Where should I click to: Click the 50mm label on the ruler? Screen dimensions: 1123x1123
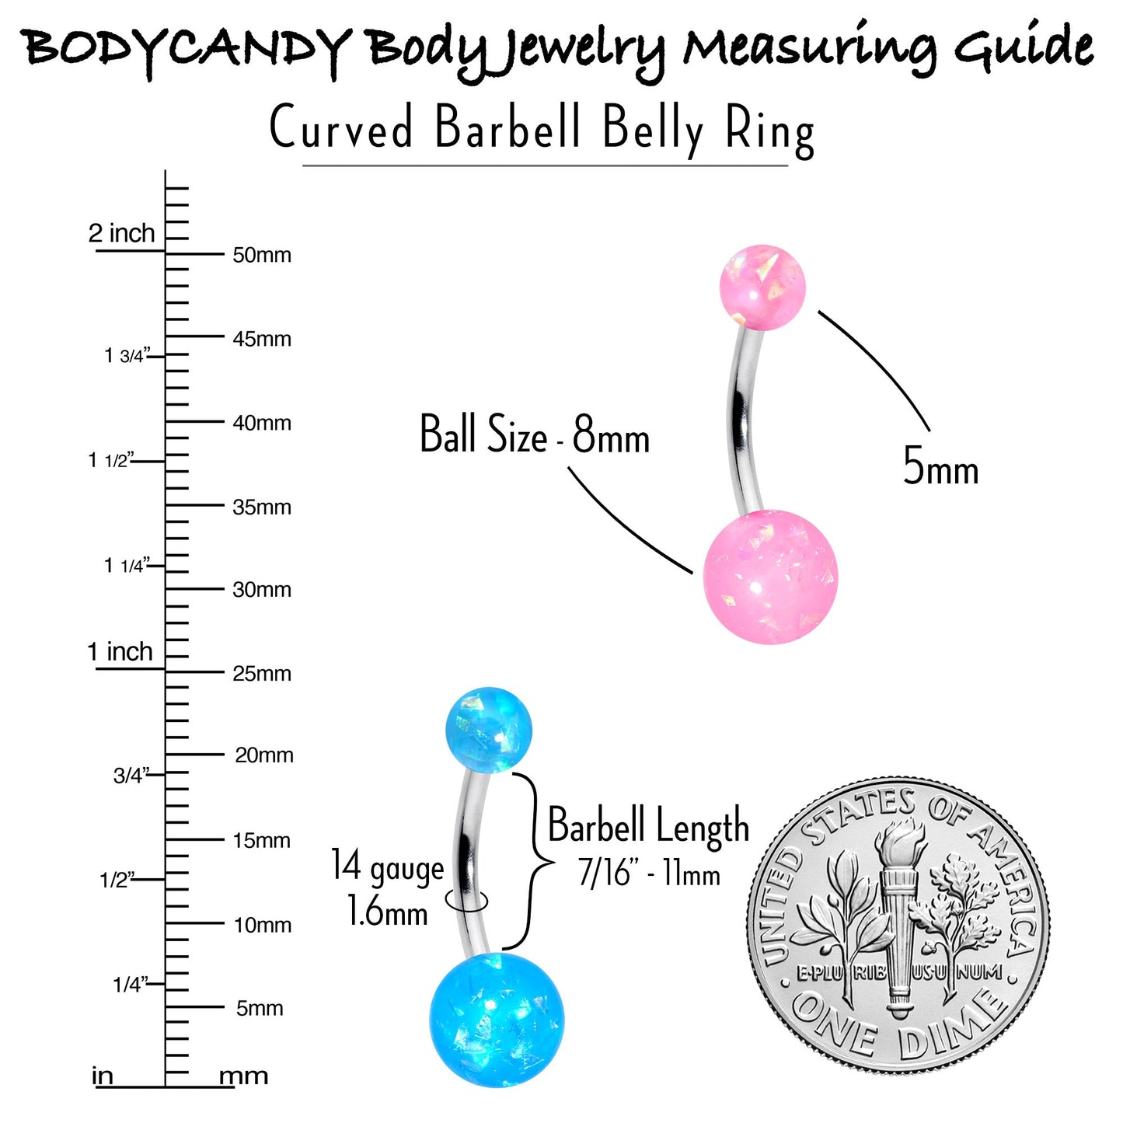coord(262,255)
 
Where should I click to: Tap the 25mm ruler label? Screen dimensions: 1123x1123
coord(262,674)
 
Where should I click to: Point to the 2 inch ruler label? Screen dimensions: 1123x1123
coord(121,233)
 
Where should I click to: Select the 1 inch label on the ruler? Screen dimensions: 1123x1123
coord(120,651)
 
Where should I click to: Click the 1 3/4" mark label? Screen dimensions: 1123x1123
coord(127,355)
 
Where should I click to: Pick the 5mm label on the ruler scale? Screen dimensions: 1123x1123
coord(260,1009)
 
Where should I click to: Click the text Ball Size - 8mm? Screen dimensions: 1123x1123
coord(535,434)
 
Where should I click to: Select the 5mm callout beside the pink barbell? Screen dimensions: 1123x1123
coord(940,467)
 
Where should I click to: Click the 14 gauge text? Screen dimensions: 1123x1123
coord(388,867)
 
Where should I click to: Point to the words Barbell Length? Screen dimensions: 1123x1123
coord(648,826)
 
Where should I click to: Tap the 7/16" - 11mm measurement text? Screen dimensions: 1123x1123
coord(649,874)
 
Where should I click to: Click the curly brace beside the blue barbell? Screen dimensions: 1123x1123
coord(529,861)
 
